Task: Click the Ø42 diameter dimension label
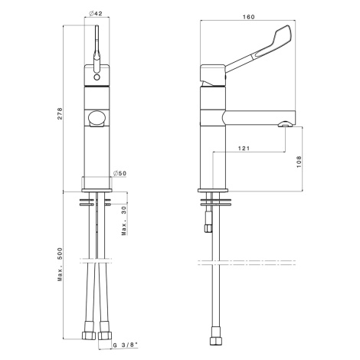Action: click(96, 14)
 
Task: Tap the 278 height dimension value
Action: click(60, 113)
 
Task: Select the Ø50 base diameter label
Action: click(119, 173)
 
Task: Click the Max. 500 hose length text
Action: click(60, 264)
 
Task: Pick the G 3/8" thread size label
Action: click(125, 345)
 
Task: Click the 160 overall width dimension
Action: click(248, 17)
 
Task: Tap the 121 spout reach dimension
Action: click(244, 148)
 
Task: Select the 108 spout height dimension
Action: click(299, 162)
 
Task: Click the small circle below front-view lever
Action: click(97, 77)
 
